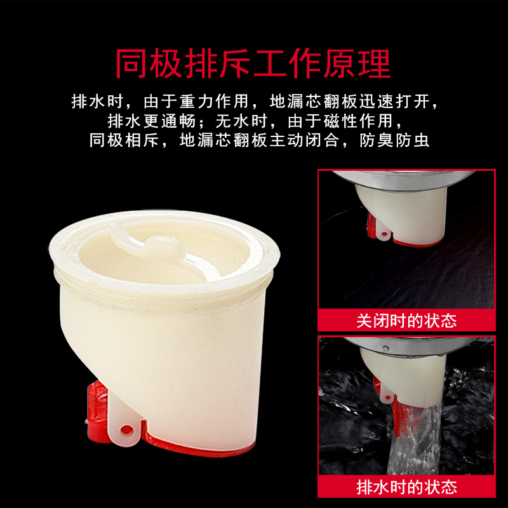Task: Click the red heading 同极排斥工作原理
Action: click(253, 63)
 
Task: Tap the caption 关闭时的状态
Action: click(406, 321)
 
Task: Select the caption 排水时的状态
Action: click(406, 487)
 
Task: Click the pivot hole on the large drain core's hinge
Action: click(126, 431)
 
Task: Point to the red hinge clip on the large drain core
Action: click(97, 411)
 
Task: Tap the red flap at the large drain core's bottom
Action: click(197, 446)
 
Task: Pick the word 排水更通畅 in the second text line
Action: click(151, 121)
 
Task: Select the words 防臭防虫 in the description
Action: click(394, 140)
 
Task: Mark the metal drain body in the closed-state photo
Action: click(403, 179)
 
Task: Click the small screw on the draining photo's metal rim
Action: click(385, 348)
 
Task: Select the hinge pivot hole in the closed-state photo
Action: click(384, 234)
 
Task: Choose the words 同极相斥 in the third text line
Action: click(124, 140)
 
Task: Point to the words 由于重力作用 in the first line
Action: click(196, 102)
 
